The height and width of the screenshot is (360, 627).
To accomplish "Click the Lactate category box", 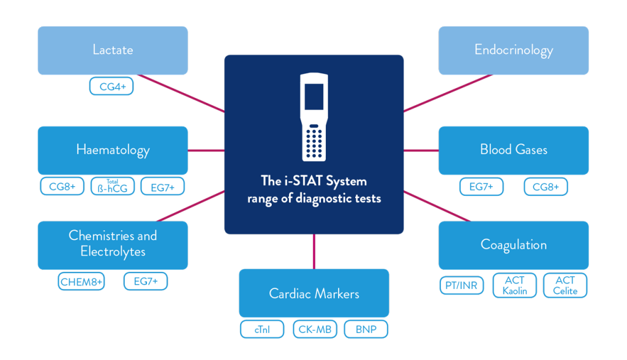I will (113, 50).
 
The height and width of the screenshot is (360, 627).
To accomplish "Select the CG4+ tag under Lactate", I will (111, 86).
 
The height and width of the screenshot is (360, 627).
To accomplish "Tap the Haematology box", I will (113, 149).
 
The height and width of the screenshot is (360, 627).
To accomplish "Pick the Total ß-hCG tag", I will (113, 187).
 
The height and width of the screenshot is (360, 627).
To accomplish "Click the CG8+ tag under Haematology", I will (62, 187).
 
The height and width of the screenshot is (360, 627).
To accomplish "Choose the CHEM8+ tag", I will (82, 282).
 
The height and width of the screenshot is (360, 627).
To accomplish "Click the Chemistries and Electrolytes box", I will (113, 244).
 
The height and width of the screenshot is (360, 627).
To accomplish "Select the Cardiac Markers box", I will (313, 293).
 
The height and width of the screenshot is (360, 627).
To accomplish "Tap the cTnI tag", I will (262, 329).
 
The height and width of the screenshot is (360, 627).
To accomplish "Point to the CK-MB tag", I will (315, 329).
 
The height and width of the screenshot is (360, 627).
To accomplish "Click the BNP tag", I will (366, 329).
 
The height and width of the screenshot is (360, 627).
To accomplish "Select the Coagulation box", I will (513, 244).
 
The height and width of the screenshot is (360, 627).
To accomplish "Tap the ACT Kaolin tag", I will (515, 285).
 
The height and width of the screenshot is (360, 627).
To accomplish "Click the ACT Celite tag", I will (565, 285).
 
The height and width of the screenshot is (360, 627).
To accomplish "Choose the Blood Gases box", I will (513, 149).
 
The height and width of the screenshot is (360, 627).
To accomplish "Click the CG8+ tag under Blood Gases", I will (545, 187).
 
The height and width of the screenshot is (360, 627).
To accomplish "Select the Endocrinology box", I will (513, 50).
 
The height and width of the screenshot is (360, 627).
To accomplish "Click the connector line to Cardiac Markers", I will (313, 251).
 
